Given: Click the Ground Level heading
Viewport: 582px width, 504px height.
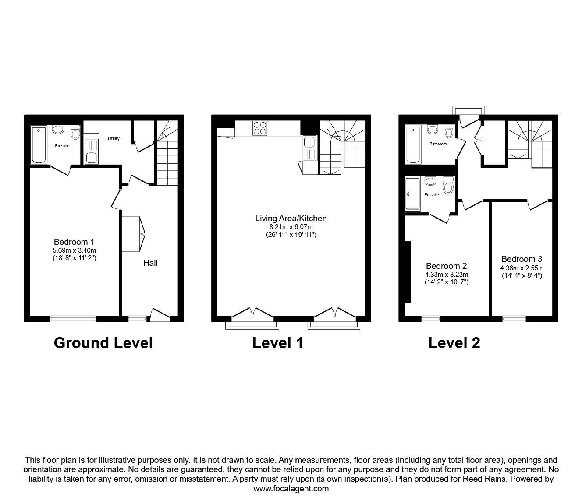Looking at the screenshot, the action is (103, 343).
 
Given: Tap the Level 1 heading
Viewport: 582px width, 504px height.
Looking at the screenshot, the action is (277, 343).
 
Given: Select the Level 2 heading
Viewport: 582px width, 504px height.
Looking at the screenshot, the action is (454, 343).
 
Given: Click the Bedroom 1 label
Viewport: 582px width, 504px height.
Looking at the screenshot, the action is (74, 242).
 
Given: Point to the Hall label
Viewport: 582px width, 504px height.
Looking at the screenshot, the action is (150, 263).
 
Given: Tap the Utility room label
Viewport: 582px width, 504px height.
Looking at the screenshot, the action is (114, 138).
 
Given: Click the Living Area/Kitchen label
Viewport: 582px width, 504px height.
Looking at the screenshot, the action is (291, 219).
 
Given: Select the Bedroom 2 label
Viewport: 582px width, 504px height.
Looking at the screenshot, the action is (446, 266).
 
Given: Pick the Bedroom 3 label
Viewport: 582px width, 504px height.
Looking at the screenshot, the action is (522, 259).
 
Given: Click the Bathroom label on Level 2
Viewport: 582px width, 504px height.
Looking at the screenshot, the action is (438, 144).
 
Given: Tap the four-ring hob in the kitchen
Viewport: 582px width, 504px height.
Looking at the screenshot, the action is (259, 128).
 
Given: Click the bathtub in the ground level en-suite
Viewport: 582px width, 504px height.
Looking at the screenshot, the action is (39, 145).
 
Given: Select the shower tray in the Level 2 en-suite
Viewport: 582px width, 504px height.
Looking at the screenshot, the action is (412, 194).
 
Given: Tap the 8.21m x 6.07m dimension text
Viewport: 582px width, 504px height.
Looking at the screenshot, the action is (291, 227).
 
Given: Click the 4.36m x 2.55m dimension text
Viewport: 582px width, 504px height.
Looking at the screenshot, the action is (522, 268).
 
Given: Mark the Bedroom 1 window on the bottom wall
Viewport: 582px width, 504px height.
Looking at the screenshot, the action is (73, 318).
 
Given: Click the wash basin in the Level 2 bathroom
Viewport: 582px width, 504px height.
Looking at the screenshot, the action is (432, 130).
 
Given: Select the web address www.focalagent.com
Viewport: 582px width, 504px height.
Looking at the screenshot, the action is (291, 488).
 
